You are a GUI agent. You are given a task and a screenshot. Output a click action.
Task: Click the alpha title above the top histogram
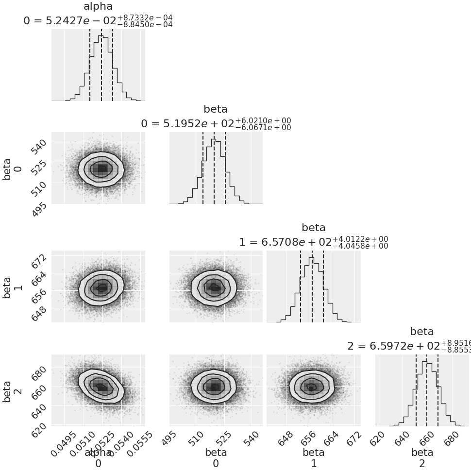[x=98, y=6]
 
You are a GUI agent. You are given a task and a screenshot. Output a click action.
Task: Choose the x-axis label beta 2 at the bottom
[x=422, y=457]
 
